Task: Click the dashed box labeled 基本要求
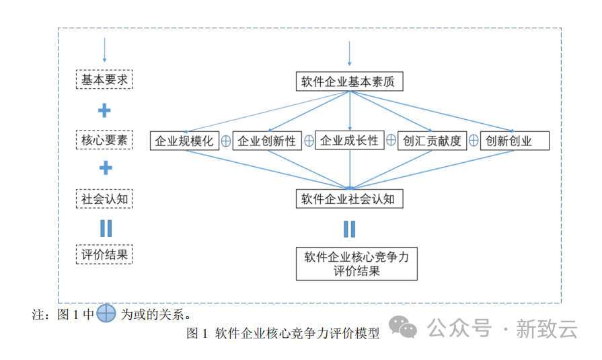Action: coord(104,79)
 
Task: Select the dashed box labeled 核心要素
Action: coord(104,140)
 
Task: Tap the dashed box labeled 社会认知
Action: coord(104,199)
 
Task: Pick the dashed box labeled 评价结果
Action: coord(104,255)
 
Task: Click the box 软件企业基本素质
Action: coord(349,82)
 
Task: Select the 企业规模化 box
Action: coord(184,141)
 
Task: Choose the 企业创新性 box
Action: coord(266,141)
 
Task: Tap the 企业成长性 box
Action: coord(349,140)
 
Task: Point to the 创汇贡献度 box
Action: coord(432,141)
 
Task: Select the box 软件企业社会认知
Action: coord(349,199)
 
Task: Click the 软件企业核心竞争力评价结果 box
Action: coord(356,264)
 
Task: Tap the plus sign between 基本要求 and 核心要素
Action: coord(104,110)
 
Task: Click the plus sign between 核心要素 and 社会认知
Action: coord(105,168)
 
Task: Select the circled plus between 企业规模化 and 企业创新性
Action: coord(226,141)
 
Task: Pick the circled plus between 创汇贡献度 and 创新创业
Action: coord(474,141)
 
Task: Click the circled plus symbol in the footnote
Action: coord(106,314)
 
